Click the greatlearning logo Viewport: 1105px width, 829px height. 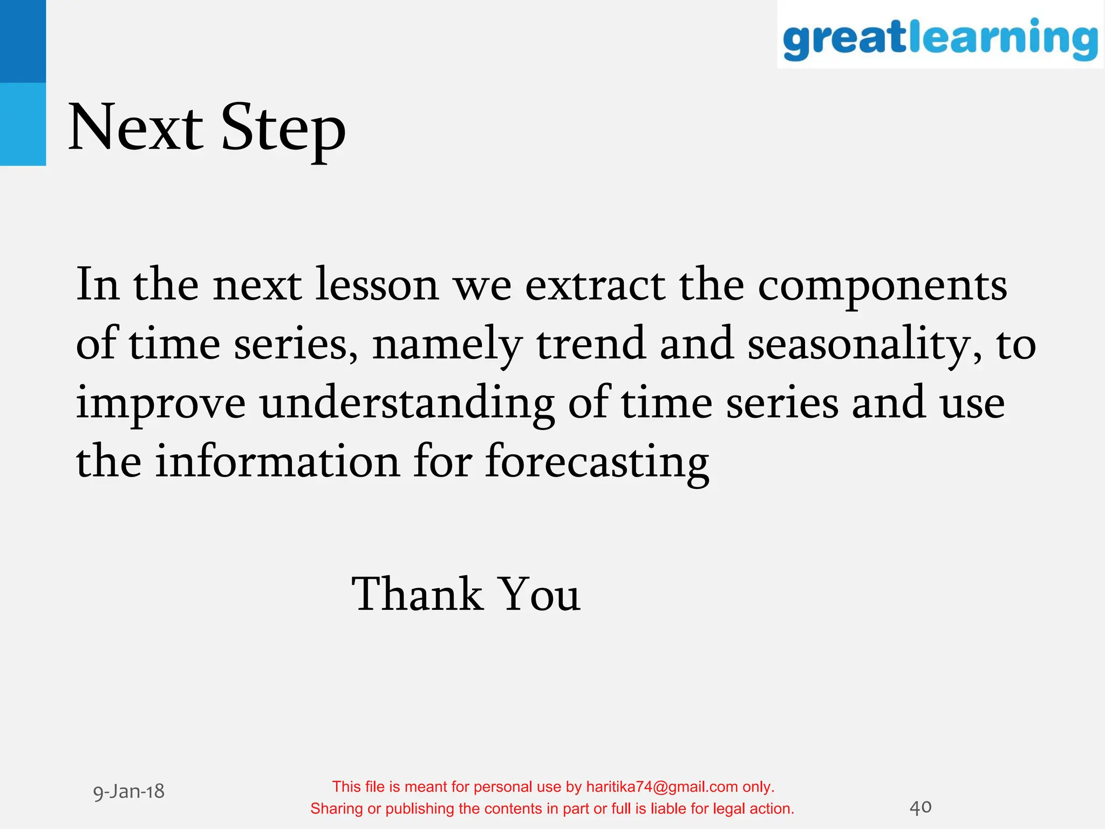(x=940, y=37)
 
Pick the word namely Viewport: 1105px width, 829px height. (x=447, y=345)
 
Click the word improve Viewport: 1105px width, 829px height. (x=161, y=405)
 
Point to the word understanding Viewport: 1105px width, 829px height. (x=407, y=405)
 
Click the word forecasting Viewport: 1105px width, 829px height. (x=597, y=463)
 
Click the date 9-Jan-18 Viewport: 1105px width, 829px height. (x=128, y=792)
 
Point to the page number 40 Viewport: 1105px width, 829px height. (x=920, y=807)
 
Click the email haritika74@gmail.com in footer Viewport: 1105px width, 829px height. (x=661, y=787)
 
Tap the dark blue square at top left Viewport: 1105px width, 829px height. (x=23, y=41)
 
